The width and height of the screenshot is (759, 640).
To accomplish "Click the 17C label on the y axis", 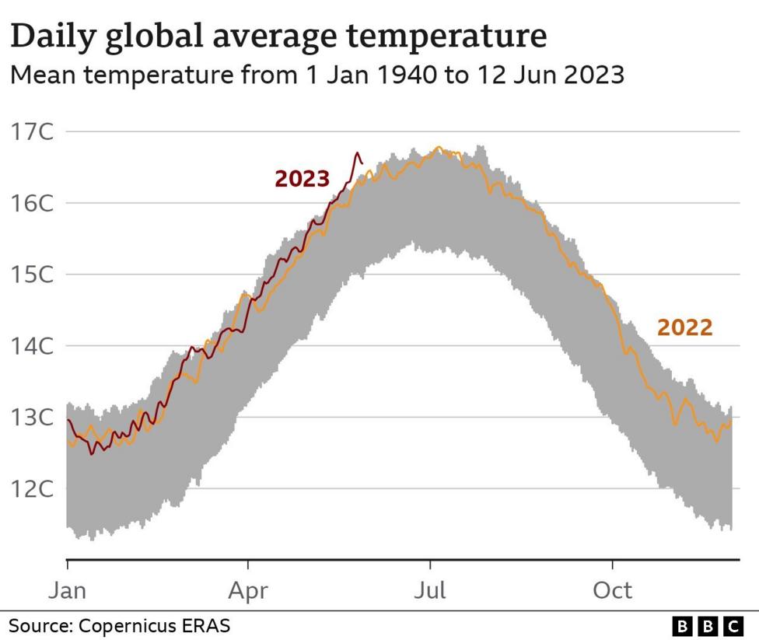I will coord(33,131).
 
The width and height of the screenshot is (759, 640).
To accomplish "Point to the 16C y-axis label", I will coord(33,203).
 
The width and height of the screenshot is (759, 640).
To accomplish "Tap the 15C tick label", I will coord(33,275).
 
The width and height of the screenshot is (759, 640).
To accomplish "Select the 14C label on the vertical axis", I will coord(33,346).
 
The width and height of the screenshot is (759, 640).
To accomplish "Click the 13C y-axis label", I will coord(33,418).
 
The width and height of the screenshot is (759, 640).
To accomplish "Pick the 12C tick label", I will coord(33,489).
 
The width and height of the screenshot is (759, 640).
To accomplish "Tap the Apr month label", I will coord(248,590).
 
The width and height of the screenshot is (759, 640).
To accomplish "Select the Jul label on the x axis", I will coord(429,590).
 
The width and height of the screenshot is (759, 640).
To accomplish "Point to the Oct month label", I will coord(612,590).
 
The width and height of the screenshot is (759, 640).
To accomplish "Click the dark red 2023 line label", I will coord(302,179).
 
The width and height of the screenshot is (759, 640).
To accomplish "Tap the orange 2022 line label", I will coord(684,328).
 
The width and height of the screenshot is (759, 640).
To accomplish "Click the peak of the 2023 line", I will coord(358,153).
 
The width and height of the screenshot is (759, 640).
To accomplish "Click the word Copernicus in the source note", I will coord(129,625).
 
